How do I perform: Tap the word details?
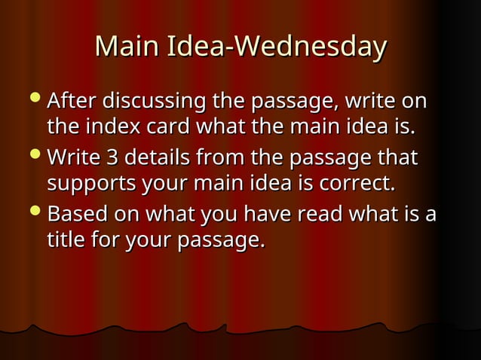coord(155,159)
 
